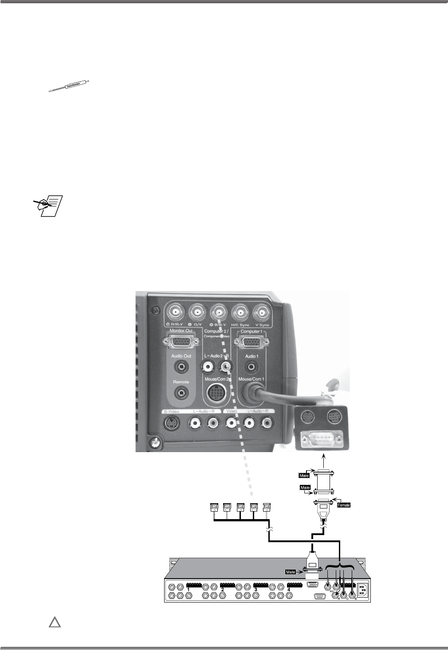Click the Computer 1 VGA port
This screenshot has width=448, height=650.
251,342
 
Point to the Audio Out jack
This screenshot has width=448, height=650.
181,367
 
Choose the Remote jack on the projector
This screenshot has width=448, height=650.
181,393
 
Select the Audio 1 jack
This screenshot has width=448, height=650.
252,367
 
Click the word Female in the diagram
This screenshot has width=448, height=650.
344,505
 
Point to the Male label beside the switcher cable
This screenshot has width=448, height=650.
291,572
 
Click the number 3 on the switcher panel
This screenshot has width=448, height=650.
256,590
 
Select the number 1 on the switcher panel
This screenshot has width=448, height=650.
189,590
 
